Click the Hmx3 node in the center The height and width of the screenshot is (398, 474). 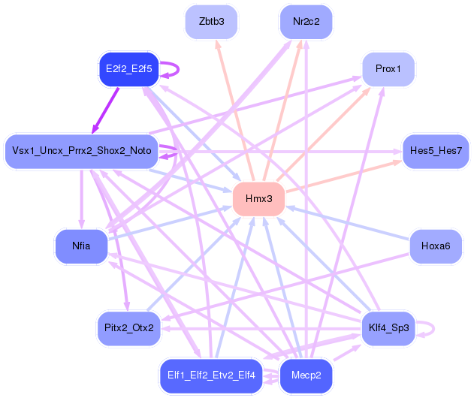click(258, 199)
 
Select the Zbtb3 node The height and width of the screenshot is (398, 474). click(212, 22)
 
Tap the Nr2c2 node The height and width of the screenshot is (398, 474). click(306, 22)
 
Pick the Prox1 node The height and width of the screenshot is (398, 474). click(388, 69)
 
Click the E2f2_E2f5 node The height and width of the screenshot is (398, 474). click(129, 69)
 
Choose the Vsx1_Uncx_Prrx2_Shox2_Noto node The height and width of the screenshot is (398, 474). click(82, 151)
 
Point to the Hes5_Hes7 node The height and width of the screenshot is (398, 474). click(436, 151)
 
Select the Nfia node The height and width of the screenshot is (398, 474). click(81, 246)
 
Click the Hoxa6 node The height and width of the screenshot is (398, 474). click(436, 246)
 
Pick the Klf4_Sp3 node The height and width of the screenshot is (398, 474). click(388, 328)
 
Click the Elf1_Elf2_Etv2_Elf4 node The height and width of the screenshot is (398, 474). click(213, 375)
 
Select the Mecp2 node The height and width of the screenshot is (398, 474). click(306, 375)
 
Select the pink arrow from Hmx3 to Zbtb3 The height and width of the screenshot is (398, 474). click(233, 105)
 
